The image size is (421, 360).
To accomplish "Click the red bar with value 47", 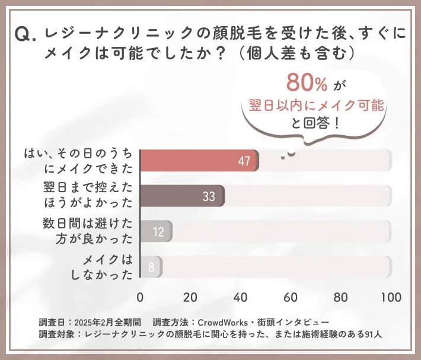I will pyautogui.click(x=199, y=161).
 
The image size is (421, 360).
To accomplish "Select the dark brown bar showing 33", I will pyautogui.click(x=182, y=196).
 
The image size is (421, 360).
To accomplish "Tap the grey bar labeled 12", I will pyautogui.click(x=156, y=231).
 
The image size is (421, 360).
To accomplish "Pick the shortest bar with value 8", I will pyautogui.click(x=151, y=267).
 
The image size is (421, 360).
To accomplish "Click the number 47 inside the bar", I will pyautogui.click(x=244, y=161).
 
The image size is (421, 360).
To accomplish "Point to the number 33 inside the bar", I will pyautogui.click(x=209, y=196).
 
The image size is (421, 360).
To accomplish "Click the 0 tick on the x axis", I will pyautogui.click(x=141, y=297).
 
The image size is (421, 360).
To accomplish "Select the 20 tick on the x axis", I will pyautogui.click(x=190, y=297).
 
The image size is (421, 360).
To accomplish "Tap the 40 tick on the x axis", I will pyautogui.click(x=241, y=297).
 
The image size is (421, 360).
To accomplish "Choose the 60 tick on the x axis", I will pyautogui.click(x=291, y=297).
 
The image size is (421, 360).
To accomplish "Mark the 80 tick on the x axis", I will pyautogui.click(x=341, y=297).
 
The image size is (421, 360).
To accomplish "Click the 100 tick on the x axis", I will pyautogui.click(x=390, y=297).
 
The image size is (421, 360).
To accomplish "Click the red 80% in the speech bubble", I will pyautogui.click(x=307, y=83).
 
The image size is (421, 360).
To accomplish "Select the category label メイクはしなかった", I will pyautogui.click(x=108, y=267).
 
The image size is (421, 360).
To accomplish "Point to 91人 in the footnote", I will pyautogui.click(x=372, y=334).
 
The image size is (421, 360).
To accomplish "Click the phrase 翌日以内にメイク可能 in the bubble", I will pyautogui.click(x=317, y=105).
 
